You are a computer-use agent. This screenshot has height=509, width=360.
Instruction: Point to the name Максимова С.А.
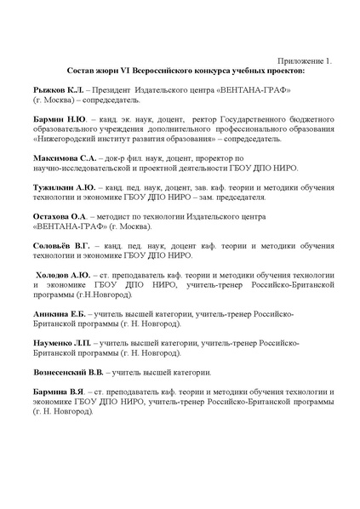click(x=64, y=158)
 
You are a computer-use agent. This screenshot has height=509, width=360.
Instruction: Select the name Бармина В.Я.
click(x=58, y=394)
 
